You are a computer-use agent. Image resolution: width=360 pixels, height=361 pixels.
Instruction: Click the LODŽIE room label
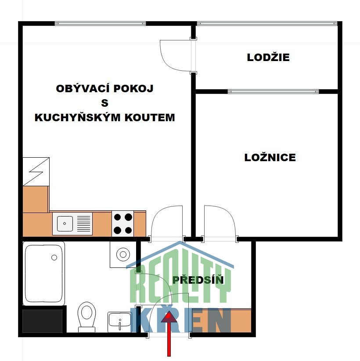[268, 57]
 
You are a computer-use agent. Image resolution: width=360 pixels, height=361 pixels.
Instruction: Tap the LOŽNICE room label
[270, 157]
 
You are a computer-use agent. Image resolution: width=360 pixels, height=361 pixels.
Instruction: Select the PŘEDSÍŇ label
[198, 280]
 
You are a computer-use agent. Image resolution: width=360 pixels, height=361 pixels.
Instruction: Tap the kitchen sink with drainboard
[72, 223]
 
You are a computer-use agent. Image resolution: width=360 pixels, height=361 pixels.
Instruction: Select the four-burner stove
[123, 223]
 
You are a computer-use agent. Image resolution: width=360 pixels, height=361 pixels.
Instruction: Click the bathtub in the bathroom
[44, 273]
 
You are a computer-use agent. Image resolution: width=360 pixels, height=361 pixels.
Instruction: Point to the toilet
[86, 316]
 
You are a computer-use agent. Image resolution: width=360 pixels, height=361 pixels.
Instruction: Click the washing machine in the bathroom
[123, 254]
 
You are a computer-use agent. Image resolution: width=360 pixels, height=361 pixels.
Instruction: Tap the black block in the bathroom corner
[43, 321]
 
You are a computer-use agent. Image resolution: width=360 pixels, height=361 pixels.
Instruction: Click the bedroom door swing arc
[220, 222]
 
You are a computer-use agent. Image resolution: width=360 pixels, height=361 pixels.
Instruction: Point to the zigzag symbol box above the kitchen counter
[36, 171]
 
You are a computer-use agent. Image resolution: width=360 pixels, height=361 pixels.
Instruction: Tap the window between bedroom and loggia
[273, 91]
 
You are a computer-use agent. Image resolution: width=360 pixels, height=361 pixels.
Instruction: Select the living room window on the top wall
[100, 23]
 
